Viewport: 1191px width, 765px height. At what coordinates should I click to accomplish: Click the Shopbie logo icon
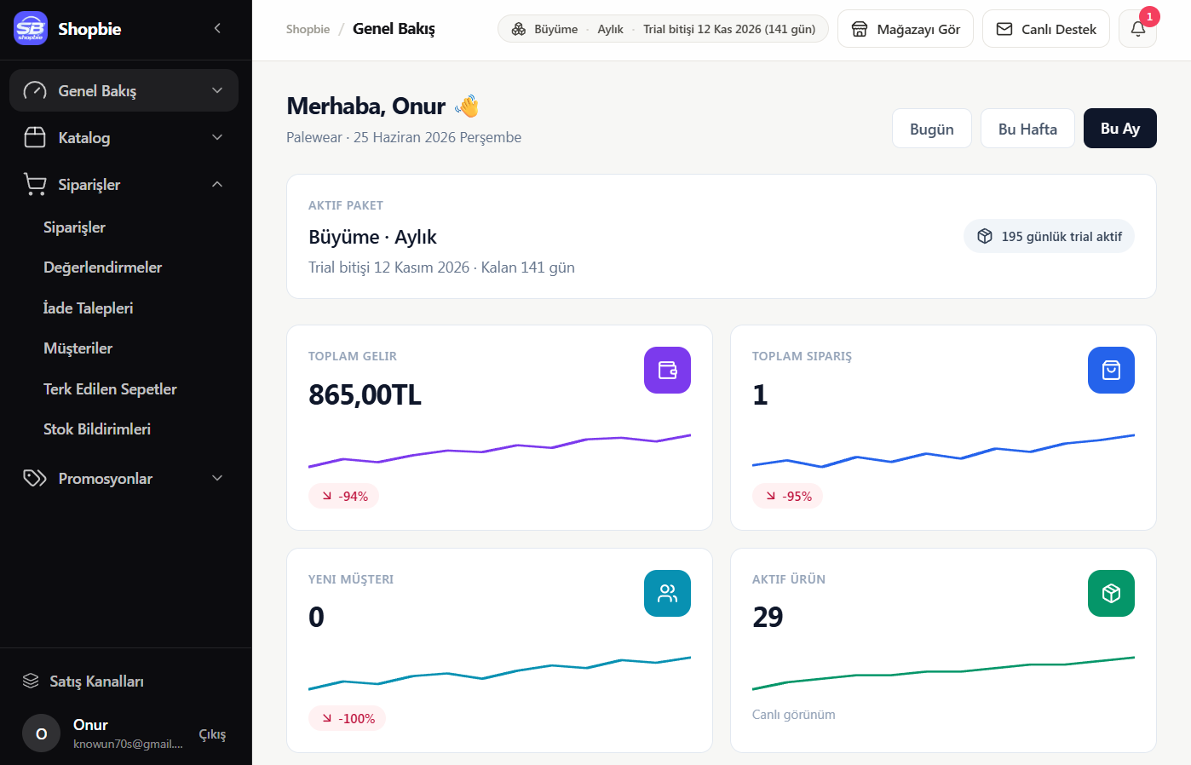[31, 28]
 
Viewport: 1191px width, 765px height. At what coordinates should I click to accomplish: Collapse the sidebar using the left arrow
[217, 28]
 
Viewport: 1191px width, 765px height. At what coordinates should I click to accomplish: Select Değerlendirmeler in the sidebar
[102, 267]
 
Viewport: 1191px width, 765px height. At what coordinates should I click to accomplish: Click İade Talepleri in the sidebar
[89, 308]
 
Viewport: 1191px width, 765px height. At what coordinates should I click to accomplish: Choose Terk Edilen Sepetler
[110, 388]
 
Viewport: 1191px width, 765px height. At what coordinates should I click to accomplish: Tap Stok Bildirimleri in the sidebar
[97, 429]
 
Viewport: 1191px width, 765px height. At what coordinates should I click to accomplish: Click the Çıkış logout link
[212, 734]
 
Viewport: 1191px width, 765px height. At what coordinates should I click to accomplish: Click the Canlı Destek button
[1046, 29]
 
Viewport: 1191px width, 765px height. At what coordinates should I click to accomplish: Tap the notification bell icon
[1138, 29]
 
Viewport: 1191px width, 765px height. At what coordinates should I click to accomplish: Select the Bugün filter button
[931, 129]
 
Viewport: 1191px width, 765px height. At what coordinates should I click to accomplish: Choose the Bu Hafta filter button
[1027, 129]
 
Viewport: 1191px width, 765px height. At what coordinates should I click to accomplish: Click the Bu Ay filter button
[1119, 129]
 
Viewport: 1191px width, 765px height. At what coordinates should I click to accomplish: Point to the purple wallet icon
[667, 370]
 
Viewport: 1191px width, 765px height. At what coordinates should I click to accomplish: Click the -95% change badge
[787, 496]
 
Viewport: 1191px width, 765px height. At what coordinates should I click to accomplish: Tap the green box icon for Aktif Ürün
[1111, 593]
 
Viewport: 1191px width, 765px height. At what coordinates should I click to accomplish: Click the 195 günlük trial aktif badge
[1049, 236]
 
